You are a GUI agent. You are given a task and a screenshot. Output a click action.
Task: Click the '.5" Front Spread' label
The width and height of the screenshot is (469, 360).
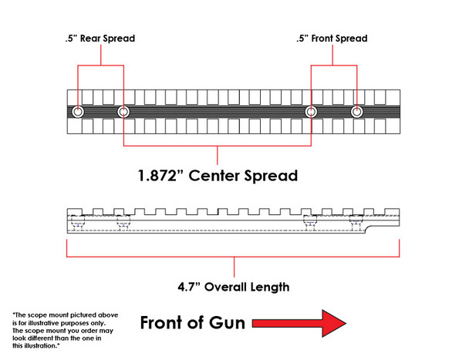tap(332, 39)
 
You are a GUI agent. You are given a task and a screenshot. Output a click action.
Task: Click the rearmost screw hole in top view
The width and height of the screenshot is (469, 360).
tap(78, 113)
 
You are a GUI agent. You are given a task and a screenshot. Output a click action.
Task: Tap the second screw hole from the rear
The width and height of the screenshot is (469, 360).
tap(123, 113)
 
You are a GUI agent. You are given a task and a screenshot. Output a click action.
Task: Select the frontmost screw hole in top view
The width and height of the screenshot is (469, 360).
tap(356, 113)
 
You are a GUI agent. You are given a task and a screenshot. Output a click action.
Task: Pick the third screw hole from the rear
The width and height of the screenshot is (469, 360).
tap(311, 113)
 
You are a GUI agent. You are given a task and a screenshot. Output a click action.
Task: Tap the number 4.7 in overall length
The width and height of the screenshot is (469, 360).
tap(187, 288)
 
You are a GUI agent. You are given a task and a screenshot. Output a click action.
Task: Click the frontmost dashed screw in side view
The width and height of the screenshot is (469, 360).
tap(356, 224)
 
